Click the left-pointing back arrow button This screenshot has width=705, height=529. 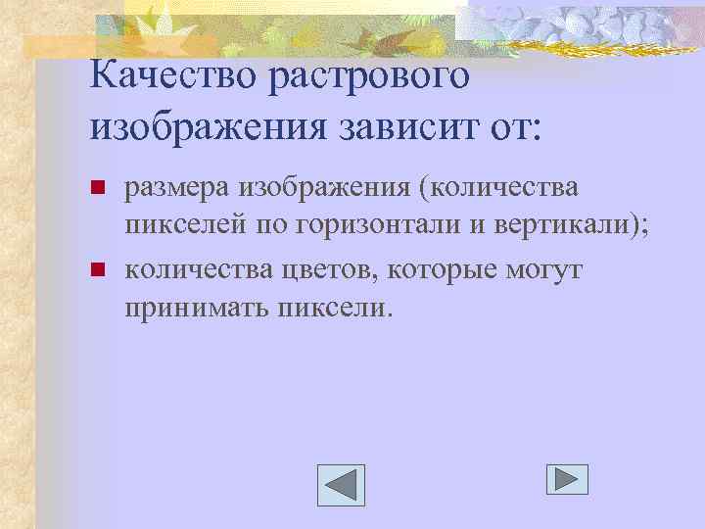coord(341,485)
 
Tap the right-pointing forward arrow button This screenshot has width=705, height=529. coord(566,478)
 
